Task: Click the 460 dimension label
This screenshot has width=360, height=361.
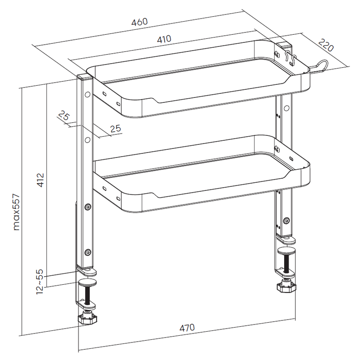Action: click(x=139, y=22)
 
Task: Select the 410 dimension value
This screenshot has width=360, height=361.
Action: click(x=164, y=39)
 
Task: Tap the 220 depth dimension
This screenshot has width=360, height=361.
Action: click(x=326, y=45)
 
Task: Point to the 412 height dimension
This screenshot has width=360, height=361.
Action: click(x=40, y=180)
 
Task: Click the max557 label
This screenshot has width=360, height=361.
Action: click(x=17, y=212)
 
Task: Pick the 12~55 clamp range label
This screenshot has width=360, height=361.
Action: click(x=40, y=281)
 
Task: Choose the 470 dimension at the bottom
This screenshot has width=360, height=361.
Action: click(x=187, y=328)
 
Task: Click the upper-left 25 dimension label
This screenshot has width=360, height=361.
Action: click(x=64, y=116)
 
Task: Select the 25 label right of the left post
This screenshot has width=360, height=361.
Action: click(x=115, y=129)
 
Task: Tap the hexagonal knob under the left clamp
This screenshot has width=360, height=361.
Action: click(x=87, y=319)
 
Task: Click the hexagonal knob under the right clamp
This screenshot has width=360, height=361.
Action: click(x=286, y=287)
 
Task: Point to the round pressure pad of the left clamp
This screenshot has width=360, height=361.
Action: click(x=88, y=282)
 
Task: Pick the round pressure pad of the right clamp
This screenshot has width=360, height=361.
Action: click(x=286, y=250)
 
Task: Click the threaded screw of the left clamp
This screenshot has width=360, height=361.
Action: click(x=88, y=295)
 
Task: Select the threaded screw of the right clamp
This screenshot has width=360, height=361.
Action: click(x=286, y=263)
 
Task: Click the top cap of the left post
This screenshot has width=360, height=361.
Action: click(x=85, y=76)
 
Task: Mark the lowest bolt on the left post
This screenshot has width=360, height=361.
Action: click(x=88, y=253)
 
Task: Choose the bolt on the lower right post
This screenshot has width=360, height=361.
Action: click(x=286, y=221)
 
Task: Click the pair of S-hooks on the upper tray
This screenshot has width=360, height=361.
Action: click(x=291, y=58)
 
